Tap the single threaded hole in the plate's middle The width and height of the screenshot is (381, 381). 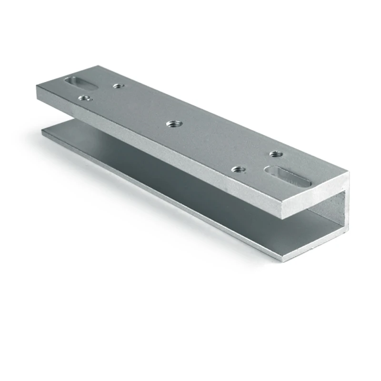click(x=172, y=124)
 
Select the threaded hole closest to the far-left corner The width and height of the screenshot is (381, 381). click(x=84, y=98)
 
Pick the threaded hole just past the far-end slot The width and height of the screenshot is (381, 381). click(x=118, y=86)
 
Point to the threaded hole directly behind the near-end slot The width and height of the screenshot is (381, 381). click(x=275, y=154)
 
